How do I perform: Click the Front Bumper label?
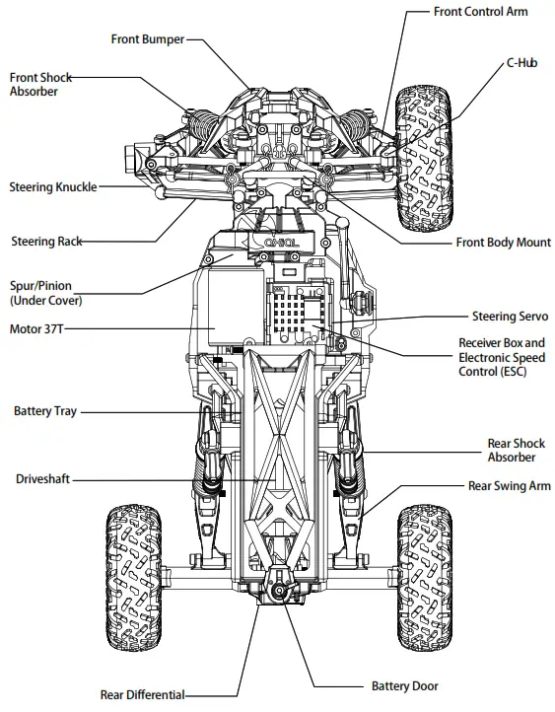(x=147, y=39)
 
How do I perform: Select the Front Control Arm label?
(x=480, y=12)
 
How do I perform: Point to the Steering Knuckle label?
(x=53, y=187)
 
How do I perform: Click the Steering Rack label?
(x=46, y=241)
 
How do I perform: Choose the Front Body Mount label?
(x=503, y=243)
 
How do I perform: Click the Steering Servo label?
(x=509, y=317)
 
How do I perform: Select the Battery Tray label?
(x=45, y=410)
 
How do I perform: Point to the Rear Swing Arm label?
(x=509, y=486)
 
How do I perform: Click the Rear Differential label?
(x=143, y=694)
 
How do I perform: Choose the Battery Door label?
(x=404, y=686)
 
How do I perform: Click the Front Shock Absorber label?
(x=34, y=84)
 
